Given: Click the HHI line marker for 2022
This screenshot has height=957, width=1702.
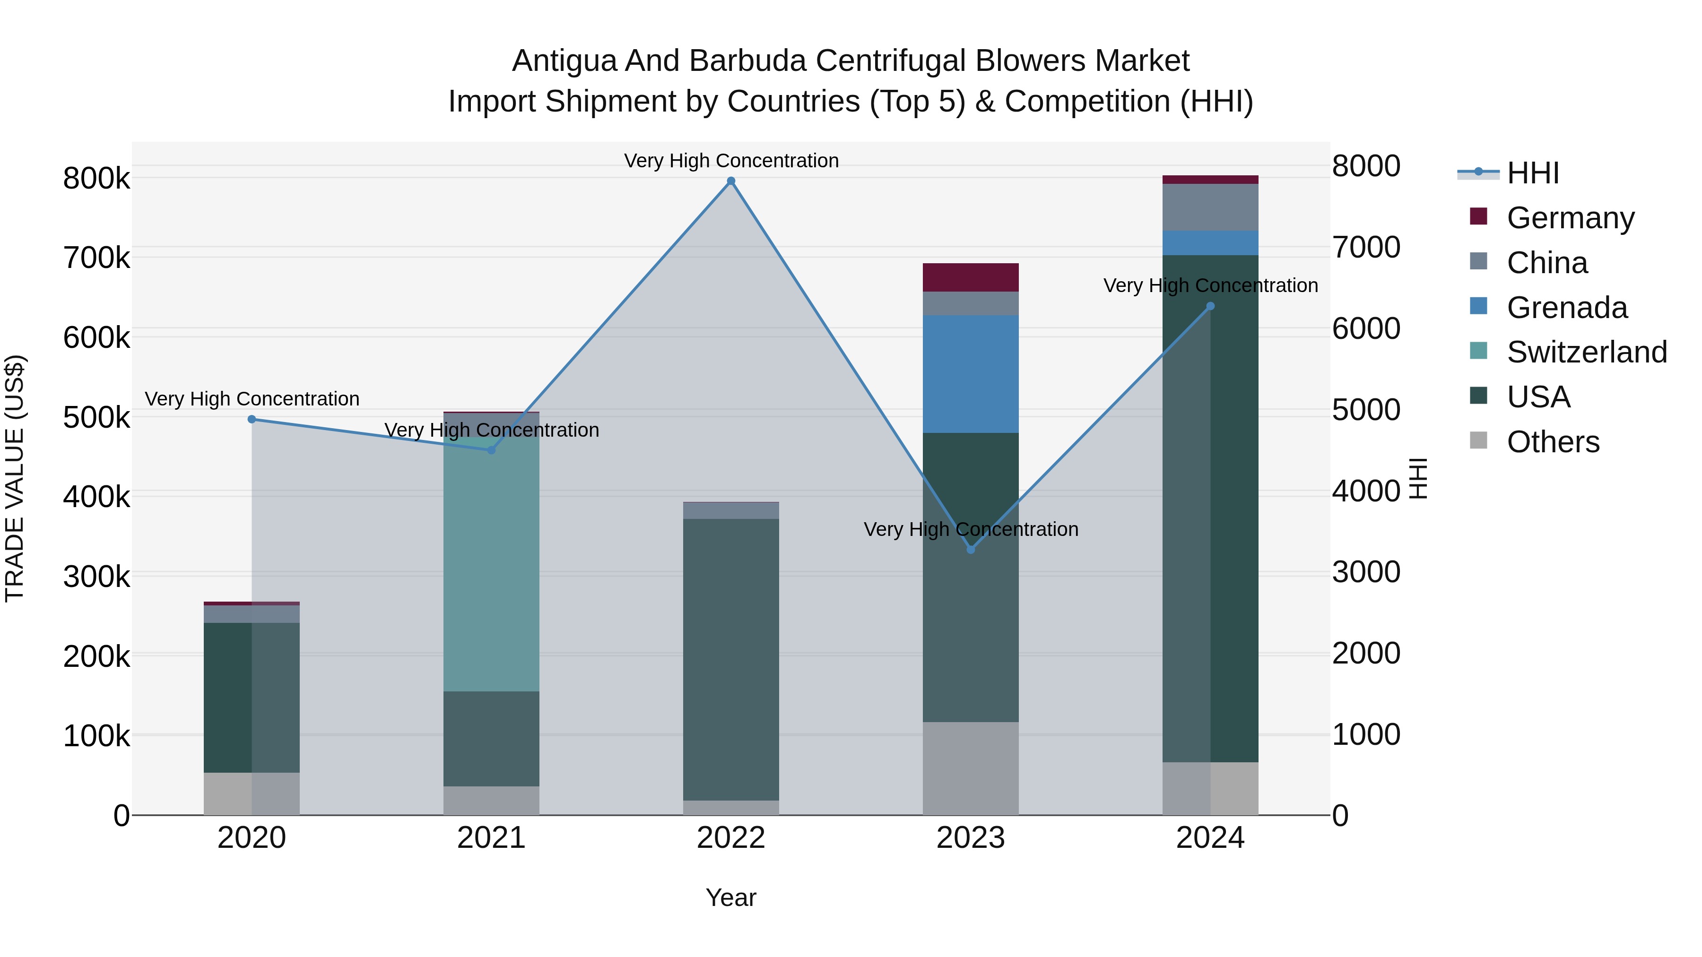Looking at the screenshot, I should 731,181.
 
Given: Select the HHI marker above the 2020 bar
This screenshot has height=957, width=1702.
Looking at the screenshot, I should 252,419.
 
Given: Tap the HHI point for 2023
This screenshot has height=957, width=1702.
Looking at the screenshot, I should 971,550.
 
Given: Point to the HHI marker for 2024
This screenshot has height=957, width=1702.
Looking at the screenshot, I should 1210,306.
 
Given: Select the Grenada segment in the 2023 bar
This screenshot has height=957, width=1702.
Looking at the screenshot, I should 971,374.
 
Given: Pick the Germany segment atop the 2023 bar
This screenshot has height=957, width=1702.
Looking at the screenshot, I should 971,277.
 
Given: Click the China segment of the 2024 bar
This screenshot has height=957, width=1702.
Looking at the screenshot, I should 1210,207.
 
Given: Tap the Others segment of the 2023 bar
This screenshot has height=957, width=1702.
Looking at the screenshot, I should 971,768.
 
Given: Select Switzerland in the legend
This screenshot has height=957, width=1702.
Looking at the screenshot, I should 1586,352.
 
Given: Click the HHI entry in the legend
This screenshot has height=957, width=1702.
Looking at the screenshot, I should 1533,173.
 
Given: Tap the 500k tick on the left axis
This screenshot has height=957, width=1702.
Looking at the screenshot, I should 96,417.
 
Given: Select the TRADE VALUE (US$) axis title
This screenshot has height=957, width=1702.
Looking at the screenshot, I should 15,478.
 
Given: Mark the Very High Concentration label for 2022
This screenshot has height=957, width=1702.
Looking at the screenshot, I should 731,161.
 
